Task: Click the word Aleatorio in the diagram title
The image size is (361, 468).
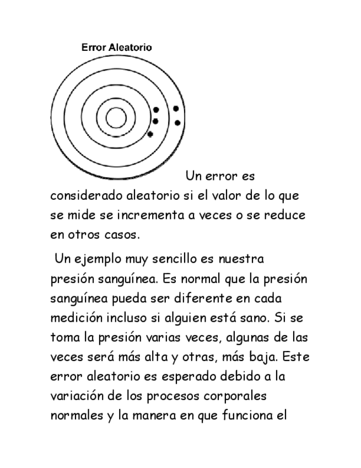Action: (131, 47)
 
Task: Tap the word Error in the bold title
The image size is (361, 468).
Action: (93, 47)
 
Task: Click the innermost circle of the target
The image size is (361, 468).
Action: (115, 118)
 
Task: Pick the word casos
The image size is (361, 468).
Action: (121, 234)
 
